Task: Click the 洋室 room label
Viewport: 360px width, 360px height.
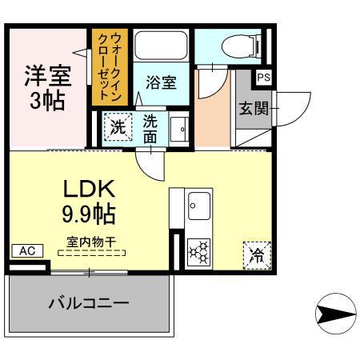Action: coord(46,77)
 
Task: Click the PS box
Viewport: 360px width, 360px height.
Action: coord(264,78)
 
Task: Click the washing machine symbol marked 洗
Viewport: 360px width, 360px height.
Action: coord(117,126)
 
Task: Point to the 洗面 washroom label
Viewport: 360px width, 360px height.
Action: coord(150,127)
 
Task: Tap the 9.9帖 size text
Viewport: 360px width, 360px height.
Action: coord(89,214)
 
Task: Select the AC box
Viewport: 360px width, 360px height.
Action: coord(26,250)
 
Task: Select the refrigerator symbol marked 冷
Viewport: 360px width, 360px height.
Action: coord(257,255)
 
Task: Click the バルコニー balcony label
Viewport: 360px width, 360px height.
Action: coord(88,305)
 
